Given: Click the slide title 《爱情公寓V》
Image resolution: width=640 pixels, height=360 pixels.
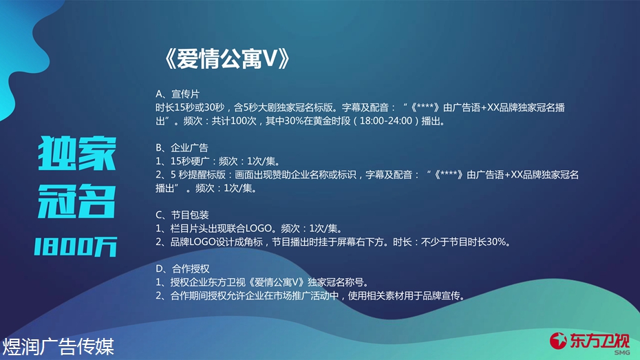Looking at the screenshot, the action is click(x=227, y=59).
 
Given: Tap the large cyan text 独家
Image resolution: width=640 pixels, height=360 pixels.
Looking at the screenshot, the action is click(x=77, y=153).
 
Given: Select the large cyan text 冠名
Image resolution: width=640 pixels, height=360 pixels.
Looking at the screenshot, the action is click(x=77, y=201).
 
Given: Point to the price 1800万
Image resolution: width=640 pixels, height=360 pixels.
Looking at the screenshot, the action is click(x=76, y=247).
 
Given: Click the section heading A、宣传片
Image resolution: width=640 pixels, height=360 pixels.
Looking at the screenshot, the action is click(x=178, y=94).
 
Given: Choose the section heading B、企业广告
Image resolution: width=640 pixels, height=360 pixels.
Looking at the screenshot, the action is click(x=182, y=148).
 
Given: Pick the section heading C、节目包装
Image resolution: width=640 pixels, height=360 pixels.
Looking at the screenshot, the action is click(x=182, y=215).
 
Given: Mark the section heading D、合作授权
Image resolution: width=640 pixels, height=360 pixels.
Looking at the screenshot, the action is click(x=182, y=268).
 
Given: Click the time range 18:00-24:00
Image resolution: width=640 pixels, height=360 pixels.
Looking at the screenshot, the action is click(x=385, y=121).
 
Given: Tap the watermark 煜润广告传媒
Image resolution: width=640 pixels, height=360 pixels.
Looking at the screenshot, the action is click(x=58, y=347).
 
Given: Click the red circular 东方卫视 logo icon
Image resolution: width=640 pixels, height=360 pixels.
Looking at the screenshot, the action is click(x=558, y=341).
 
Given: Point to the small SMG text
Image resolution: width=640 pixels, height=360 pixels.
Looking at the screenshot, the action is click(x=621, y=352).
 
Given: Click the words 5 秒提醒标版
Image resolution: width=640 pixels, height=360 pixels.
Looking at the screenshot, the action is click(x=198, y=175).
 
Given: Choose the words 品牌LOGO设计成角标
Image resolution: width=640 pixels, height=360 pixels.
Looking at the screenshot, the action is click(x=217, y=242).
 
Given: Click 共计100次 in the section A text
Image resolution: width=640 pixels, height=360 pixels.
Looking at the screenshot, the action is click(x=234, y=121).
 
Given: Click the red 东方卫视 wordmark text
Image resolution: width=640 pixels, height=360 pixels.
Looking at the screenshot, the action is click(x=599, y=341).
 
